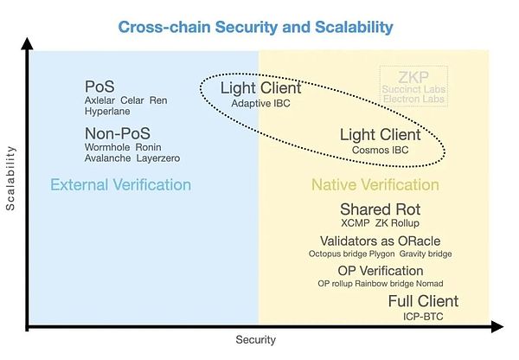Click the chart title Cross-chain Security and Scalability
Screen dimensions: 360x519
255,27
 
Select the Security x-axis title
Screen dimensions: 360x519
256,340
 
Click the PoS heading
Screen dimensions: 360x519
99,87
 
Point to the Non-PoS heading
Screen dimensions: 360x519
118,134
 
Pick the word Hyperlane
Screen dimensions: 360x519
106,112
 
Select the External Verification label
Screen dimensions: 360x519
120,185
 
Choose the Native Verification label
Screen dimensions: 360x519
375,185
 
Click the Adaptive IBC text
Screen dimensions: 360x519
262,103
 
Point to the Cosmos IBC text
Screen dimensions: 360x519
380,150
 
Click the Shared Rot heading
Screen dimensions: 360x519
380,210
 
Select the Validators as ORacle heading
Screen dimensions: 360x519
381,241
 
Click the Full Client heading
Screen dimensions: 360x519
423,301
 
